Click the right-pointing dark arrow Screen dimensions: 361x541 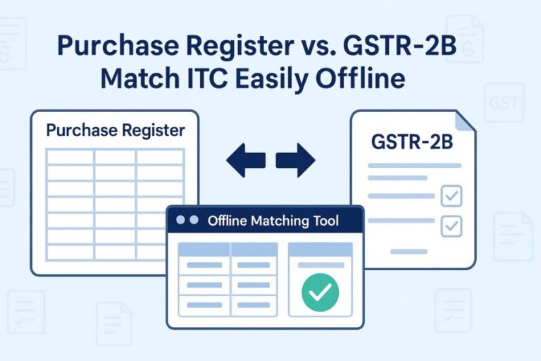tap(295, 160)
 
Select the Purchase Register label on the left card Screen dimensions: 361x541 tap(116, 130)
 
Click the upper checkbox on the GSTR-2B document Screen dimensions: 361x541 tap(450, 196)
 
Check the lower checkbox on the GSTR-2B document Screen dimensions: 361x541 tap(450, 226)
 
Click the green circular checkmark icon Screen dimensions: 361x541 tap(320, 293)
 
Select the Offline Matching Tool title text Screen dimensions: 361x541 tap(273, 221)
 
